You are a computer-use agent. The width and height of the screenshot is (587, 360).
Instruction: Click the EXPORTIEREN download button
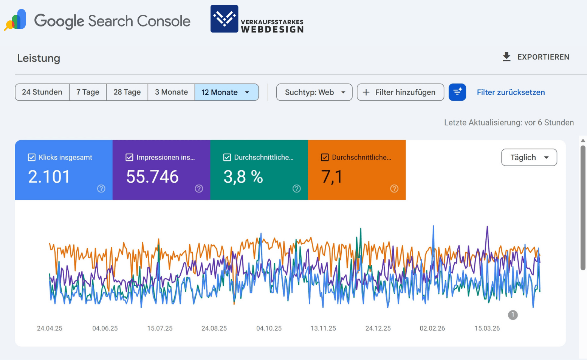(536, 57)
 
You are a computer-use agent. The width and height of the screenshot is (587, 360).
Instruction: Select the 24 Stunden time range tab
(42, 92)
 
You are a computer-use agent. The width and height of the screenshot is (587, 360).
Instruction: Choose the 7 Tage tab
(88, 92)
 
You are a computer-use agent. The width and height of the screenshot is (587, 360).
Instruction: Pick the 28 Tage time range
(127, 92)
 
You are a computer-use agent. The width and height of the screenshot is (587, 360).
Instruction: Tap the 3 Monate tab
(171, 92)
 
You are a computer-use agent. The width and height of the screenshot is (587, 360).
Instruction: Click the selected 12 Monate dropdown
(226, 92)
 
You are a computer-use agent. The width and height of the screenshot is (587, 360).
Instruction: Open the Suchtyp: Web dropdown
(314, 92)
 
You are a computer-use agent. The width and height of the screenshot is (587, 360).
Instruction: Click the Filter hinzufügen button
(400, 92)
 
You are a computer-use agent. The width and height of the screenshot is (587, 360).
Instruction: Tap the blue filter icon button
(457, 92)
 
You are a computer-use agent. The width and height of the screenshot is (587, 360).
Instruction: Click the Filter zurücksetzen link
(511, 92)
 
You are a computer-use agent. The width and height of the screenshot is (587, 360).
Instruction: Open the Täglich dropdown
(529, 157)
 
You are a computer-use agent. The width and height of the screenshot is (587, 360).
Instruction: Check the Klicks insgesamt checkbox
(32, 157)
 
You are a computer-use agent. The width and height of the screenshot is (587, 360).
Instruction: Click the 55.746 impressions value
(152, 177)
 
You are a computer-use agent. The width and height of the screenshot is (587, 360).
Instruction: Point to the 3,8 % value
(243, 177)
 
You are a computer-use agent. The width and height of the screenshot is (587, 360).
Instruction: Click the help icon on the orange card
(394, 188)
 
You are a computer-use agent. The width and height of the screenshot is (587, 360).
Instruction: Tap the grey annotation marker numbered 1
(513, 315)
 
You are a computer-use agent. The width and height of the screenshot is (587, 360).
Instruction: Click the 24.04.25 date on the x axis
(50, 328)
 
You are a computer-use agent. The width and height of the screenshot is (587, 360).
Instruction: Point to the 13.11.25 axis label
(323, 328)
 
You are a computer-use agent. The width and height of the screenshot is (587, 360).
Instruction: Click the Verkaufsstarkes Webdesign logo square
(224, 19)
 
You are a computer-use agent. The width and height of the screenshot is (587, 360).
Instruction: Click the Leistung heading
(39, 58)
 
